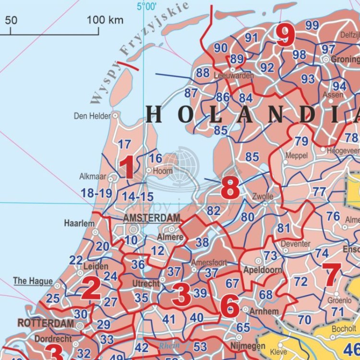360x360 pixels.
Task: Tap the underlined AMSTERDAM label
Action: (x=152, y=218)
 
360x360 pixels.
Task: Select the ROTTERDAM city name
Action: (x=46, y=323)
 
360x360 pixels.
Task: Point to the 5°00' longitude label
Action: (x=146, y=7)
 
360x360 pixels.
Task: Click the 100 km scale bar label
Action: (x=105, y=20)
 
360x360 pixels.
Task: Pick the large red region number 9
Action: (x=285, y=36)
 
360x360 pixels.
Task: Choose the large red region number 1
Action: (x=127, y=168)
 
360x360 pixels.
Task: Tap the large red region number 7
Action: (x=332, y=275)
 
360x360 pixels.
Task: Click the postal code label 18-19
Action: (x=96, y=193)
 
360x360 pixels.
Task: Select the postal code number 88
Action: (x=203, y=73)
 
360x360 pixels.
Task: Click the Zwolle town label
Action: (x=263, y=196)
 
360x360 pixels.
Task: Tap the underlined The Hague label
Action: (x=33, y=281)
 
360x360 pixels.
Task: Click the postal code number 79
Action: (x=301, y=141)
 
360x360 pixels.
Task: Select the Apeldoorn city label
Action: (x=263, y=270)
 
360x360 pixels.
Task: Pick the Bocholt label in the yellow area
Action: (x=344, y=329)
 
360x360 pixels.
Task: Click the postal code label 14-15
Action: (x=137, y=197)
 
